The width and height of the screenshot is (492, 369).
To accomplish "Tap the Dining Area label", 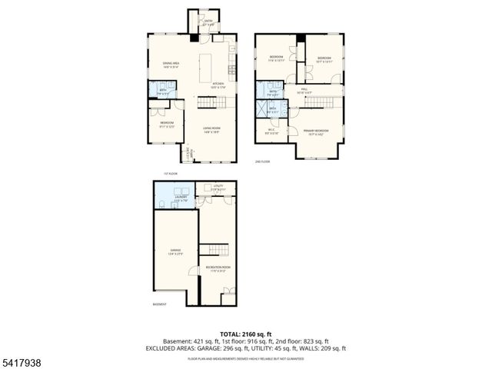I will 171,65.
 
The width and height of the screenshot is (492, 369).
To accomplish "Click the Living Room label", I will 211,131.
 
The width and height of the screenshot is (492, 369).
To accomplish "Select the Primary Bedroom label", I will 316,131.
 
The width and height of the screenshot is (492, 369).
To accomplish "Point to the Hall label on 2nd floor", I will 304,91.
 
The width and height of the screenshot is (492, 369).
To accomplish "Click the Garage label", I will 175,251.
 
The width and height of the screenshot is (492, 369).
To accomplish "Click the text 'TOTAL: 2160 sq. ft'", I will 245,334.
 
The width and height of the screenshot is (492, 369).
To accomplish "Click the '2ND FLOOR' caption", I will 263,162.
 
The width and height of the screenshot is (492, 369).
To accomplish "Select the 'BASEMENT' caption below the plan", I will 159,304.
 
